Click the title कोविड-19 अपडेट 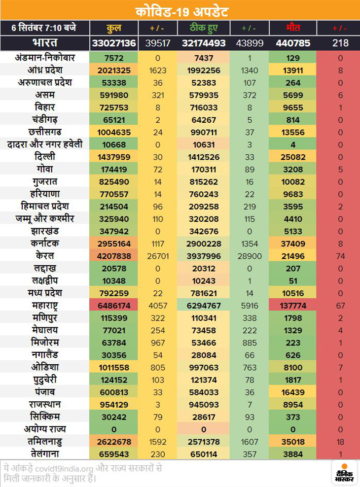[x=180, y=10]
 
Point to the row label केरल [x=45, y=256]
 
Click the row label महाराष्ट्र [x=45, y=306]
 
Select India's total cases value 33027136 [x=113, y=43]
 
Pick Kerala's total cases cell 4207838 [x=113, y=256]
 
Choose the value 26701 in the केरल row [x=159, y=256]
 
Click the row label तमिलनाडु [x=45, y=442]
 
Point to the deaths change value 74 [x=340, y=256]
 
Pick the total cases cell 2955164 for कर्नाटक [x=113, y=243]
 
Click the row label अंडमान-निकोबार [x=45, y=58]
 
